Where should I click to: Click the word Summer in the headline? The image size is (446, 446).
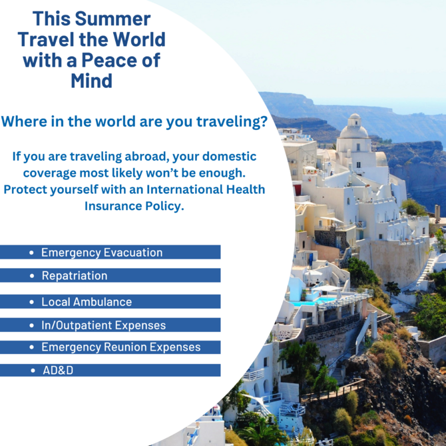click(x=112, y=19)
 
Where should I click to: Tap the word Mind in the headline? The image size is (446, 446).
click(x=92, y=81)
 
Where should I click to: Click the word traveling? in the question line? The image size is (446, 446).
click(x=232, y=122)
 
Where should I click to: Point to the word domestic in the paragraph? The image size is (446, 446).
click(x=229, y=157)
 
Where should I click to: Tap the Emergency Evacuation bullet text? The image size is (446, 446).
click(x=102, y=253)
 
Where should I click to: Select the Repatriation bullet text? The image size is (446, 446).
click(x=75, y=276)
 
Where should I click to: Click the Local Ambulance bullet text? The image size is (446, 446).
click(x=87, y=302)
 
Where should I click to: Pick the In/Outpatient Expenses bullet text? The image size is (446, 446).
click(x=104, y=325)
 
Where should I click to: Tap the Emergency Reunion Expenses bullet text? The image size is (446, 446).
click(x=121, y=347)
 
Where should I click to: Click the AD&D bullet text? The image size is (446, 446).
click(x=58, y=370)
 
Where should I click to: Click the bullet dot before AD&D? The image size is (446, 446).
click(x=33, y=371)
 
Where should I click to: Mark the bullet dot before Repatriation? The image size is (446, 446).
click(x=32, y=276)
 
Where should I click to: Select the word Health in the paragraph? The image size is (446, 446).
click(x=246, y=189)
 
